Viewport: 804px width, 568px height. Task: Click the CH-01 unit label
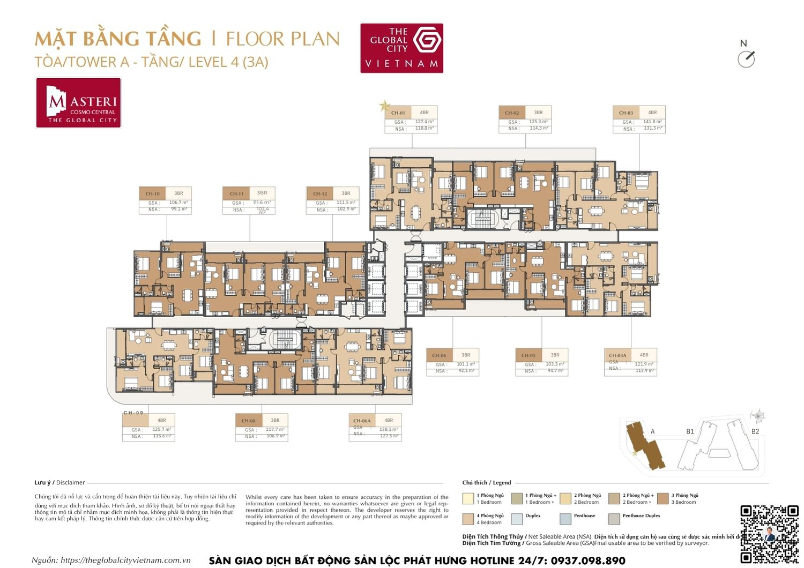(x=398, y=113)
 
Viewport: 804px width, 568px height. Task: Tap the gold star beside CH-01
(x=384, y=106)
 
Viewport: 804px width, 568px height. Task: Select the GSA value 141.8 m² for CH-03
(x=652, y=122)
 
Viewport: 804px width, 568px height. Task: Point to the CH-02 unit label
(x=512, y=113)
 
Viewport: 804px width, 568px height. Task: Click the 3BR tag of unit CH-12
(x=346, y=193)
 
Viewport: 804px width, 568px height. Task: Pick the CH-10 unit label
(x=152, y=193)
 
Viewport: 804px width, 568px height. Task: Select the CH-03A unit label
(x=617, y=355)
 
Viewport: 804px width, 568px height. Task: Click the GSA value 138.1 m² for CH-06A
(x=388, y=429)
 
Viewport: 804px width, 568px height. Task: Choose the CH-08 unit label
(x=248, y=421)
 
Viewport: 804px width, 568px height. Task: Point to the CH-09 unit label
(x=133, y=413)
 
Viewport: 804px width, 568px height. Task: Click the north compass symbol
(x=746, y=59)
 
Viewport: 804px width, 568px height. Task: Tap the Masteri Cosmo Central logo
(x=79, y=103)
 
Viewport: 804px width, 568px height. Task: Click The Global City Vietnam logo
(x=401, y=48)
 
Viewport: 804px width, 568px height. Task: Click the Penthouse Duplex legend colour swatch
(x=614, y=519)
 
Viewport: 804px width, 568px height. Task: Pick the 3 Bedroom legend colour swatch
(x=662, y=498)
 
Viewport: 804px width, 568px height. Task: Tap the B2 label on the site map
(x=755, y=431)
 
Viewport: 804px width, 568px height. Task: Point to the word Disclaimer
(x=71, y=482)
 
